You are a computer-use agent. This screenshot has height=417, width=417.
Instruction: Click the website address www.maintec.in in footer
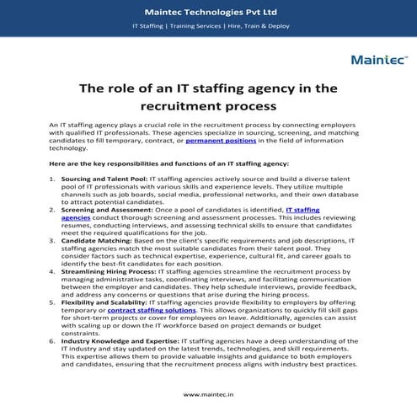(x=208, y=393)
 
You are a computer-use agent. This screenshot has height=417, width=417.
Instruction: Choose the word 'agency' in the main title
(x=270, y=87)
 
